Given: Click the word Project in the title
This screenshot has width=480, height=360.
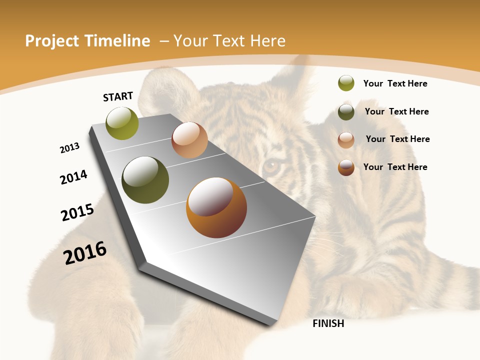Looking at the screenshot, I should (50, 41).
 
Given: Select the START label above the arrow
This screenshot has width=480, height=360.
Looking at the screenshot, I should (118, 96).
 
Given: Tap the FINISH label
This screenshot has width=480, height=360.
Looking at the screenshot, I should (328, 323).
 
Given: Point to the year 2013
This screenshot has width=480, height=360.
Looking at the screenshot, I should (70, 148).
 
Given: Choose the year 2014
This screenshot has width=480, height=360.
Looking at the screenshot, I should (74, 177).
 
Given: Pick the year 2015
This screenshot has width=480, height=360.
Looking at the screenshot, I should (77, 212).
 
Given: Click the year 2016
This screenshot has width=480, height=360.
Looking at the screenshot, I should (85, 253).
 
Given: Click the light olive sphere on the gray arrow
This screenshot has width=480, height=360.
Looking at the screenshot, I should (122, 123).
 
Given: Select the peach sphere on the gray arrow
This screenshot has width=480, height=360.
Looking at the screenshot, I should (189, 140).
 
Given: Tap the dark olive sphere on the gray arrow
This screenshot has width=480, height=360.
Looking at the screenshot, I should (145, 180).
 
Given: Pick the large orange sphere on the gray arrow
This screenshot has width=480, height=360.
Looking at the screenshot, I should (216, 207).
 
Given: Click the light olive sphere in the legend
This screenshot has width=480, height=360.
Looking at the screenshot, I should (346, 83).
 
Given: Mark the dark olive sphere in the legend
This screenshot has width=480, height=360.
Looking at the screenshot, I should (346, 112).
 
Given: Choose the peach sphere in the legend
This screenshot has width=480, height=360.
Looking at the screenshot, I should (346, 140).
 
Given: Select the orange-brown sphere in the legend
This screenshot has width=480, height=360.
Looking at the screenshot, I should (346, 167).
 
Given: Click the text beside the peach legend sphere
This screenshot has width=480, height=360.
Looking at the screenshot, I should (397, 139).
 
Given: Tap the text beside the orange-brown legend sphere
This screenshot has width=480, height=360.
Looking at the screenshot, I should (395, 167).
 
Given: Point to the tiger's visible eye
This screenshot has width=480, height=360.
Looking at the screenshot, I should (271, 165).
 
